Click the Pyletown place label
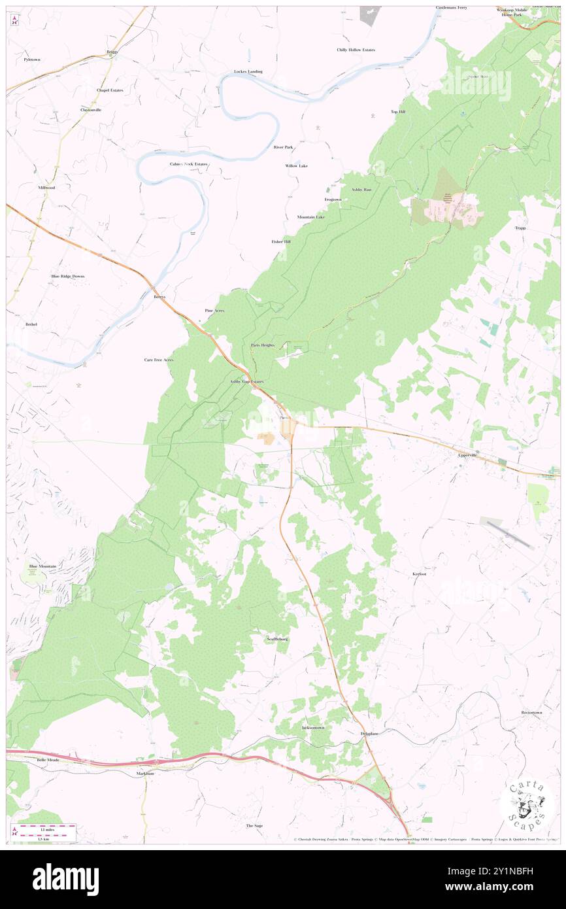tap(31, 60)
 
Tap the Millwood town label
tap(46, 188)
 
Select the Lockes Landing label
tap(248, 71)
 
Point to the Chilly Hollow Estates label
tap(356, 50)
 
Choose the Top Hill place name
tap(398, 112)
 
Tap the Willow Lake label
tap(296, 166)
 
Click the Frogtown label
tap(333, 199)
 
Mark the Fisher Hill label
tap(281, 242)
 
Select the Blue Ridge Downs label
tap(68, 277)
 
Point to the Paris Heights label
tap(263, 345)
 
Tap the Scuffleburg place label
tap(278, 638)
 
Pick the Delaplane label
tap(369, 734)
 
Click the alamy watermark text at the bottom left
tap(65, 880)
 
